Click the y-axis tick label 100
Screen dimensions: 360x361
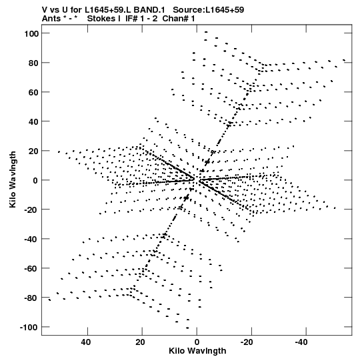pyautogui.click(x=31, y=33)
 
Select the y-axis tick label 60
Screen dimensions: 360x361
pyautogui.click(x=33, y=92)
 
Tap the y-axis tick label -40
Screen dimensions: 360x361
pyautogui.click(x=31, y=239)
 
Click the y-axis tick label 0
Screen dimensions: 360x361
pyautogui.click(x=35, y=180)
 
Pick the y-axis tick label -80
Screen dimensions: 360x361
pyautogui.click(x=31, y=298)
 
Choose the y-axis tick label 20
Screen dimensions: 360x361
pyautogui.click(x=33, y=151)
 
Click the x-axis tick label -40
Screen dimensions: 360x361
pyautogui.click(x=301, y=342)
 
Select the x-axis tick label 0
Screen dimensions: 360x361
pyautogui.click(x=197, y=342)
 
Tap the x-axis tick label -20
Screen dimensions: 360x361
pyautogui.click(x=247, y=342)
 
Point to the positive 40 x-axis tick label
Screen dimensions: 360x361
pyautogui.click(x=85, y=342)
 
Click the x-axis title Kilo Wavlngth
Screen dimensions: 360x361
pyautogui.click(x=197, y=351)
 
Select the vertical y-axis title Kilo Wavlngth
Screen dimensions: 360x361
pyautogui.click(x=13, y=179)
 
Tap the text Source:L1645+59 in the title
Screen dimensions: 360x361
pyautogui.click(x=209, y=10)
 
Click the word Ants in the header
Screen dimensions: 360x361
pyautogui.click(x=51, y=19)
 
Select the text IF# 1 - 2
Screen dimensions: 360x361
pyautogui.click(x=141, y=19)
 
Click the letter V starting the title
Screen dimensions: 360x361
pyautogui.click(x=45, y=10)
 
